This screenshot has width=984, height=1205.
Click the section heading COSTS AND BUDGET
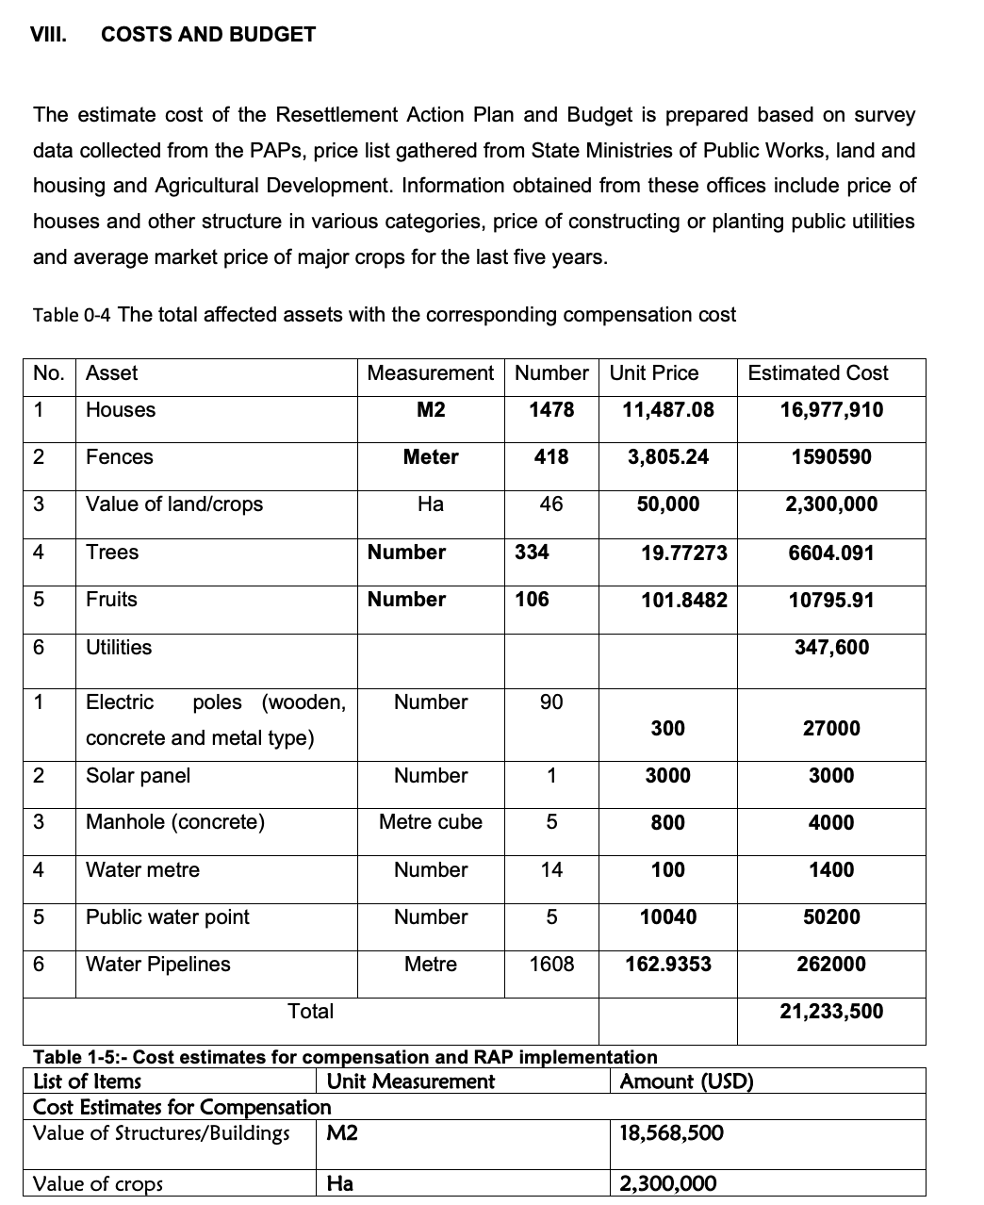pos(208,35)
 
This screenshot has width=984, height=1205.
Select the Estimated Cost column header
pos(817,373)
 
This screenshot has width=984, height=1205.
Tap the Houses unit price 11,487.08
pos(668,409)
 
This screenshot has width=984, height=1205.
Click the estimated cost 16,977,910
pos(831,409)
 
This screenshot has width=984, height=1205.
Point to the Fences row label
pos(120,457)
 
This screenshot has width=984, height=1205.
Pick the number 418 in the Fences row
pos(551,457)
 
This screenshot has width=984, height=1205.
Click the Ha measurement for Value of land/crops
pos(431,504)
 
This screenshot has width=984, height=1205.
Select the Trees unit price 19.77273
pos(684,553)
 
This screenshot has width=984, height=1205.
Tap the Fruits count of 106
pos(532,600)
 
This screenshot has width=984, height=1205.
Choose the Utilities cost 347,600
pos(831,647)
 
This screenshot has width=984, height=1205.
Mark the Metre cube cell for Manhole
pos(431,822)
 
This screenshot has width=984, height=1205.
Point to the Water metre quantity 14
pos(551,870)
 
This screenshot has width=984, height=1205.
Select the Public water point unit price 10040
pos(668,917)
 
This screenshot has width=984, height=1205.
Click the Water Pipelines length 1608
pos(551,965)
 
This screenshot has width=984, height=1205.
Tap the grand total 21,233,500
pos(831,1012)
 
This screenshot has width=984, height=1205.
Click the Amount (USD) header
pos(686,1081)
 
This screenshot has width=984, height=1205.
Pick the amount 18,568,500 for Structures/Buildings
pos(671,1132)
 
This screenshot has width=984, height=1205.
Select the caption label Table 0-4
pos(73,315)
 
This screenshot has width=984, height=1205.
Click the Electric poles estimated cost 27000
pos(831,729)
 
